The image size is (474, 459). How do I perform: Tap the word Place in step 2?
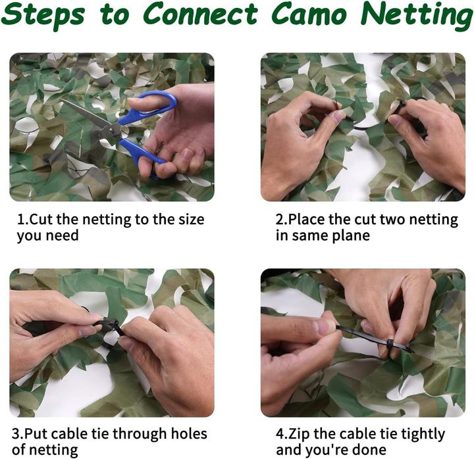(308, 220)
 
